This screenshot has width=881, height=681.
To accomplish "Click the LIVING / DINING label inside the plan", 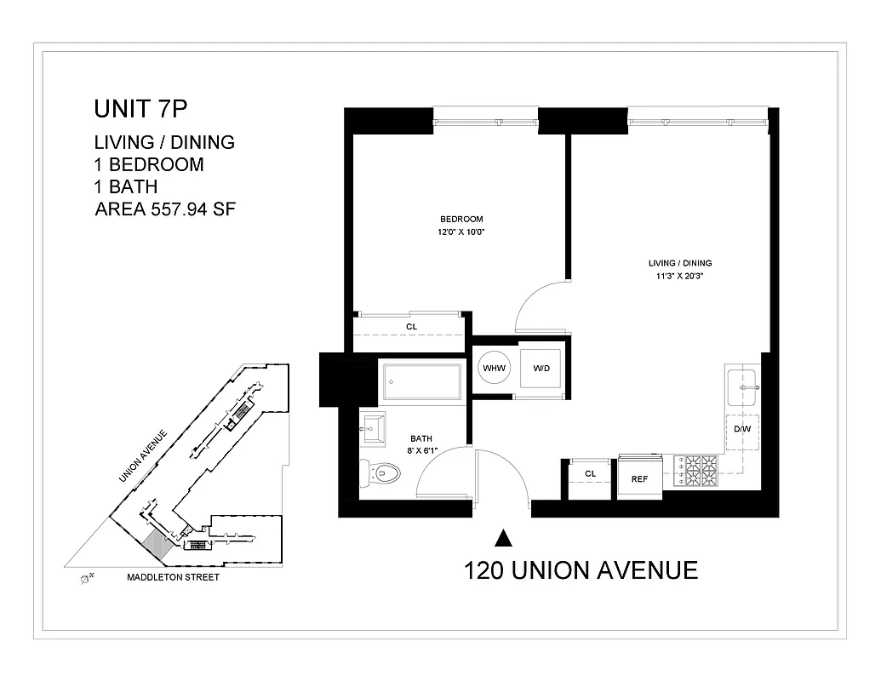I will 679,263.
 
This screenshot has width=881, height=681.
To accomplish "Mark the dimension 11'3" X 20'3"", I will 679,276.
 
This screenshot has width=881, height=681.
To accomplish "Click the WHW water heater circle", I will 493,369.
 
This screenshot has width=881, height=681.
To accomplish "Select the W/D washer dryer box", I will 541,369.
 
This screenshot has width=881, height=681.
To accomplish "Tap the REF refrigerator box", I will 639,479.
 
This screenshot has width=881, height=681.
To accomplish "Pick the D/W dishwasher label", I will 742,429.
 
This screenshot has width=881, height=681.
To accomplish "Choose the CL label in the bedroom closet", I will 410,325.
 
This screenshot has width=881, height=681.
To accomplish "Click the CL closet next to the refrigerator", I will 591,474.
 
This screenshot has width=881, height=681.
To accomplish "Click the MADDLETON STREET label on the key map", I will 173,577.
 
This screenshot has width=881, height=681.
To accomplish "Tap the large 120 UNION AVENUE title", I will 581,570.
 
